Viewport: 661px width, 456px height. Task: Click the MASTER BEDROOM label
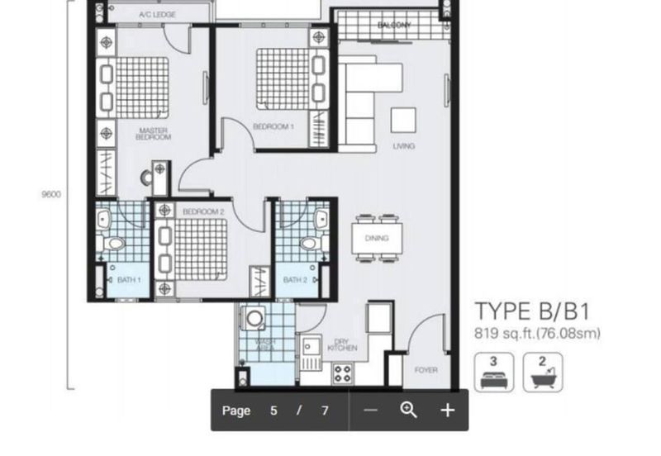tap(154, 134)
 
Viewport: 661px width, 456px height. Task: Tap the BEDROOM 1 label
tap(273, 126)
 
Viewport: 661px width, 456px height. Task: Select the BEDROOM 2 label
tap(203, 211)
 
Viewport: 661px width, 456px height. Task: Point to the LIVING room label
tap(404, 146)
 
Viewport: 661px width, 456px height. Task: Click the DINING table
tap(377, 238)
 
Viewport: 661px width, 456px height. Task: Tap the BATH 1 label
tap(129, 280)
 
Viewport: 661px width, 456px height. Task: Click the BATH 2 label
tap(295, 280)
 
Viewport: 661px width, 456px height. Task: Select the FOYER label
tap(426, 370)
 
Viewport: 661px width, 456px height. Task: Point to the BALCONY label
tap(394, 25)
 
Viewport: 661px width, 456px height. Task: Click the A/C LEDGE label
tap(157, 15)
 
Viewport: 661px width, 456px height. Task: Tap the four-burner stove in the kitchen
tap(342, 373)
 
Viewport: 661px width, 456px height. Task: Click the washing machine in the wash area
tap(254, 318)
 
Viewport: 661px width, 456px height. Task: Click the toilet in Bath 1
tap(113, 244)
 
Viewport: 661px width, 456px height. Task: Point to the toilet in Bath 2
tap(310, 243)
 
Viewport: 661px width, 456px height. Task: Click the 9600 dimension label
tap(51, 194)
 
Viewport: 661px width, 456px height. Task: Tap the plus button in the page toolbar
tap(448, 410)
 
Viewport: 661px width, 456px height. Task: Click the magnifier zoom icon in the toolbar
tap(408, 410)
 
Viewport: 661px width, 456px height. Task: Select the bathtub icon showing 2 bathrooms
tap(543, 373)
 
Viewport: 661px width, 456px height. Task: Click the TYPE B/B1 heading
tap(532, 311)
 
